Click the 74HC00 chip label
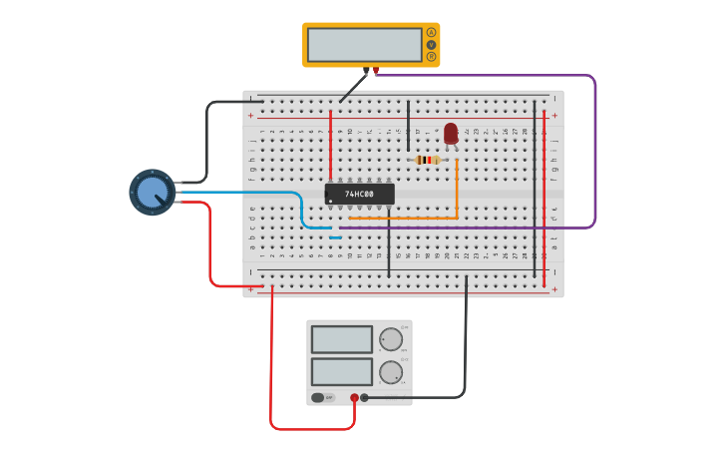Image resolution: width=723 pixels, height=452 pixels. [x=359, y=194]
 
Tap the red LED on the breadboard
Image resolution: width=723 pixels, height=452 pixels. [x=451, y=133]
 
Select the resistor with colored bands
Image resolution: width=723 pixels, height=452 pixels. [x=427, y=160]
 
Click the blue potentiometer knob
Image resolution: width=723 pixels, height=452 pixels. [x=152, y=193]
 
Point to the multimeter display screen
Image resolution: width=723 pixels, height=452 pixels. [x=364, y=45]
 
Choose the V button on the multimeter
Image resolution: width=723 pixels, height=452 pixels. [x=431, y=44]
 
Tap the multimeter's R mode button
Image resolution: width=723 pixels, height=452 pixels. [x=431, y=57]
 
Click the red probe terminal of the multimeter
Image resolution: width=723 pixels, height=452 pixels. [x=376, y=71]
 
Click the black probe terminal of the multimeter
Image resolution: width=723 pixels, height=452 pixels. [x=366, y=71]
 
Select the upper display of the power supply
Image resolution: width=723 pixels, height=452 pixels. [x=341, y=339]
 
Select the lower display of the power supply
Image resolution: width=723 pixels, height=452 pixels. [x=341, y=371]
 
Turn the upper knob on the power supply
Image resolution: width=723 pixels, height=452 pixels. [x=391, y=339]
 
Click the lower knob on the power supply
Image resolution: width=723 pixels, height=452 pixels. [x=391, y=372]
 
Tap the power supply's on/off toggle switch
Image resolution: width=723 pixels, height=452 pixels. [x=319, y=397]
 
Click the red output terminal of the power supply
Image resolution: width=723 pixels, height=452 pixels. [x=354, y=397]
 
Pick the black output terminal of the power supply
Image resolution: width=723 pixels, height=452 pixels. [x=364, y=397]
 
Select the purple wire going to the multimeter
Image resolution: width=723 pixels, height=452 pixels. [x=595, y=150]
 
